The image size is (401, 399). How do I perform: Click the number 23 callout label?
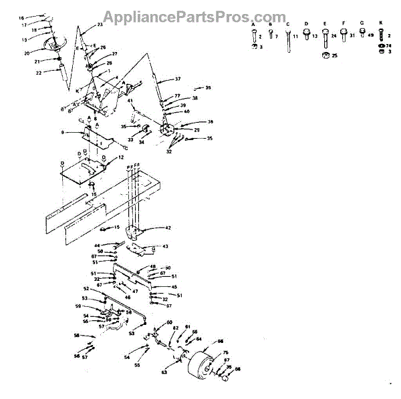[100, 24]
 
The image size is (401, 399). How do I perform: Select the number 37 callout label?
[178, 79]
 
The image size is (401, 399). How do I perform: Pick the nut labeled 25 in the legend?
[325, 55]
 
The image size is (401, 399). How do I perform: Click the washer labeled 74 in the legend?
[380, 46]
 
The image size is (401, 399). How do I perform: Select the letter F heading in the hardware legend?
[343, 23]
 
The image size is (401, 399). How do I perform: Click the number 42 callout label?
[168, 228]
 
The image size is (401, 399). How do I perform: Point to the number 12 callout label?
[121, 157]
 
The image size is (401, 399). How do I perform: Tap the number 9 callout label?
[62, 132]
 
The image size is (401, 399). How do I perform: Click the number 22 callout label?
[39, 72]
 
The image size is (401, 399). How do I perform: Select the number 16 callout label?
[21, 17]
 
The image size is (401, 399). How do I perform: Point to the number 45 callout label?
[174, 287]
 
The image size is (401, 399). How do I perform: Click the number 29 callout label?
[197, 129]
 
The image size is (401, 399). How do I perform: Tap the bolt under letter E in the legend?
[325, 36]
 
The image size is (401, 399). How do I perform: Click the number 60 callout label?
[169, 322]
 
